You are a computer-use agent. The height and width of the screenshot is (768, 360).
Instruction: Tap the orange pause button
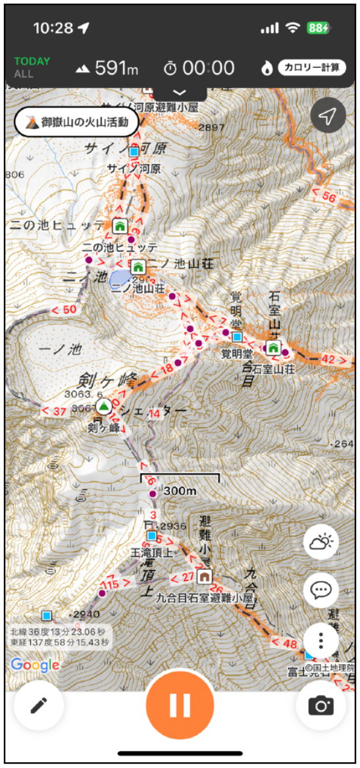180,705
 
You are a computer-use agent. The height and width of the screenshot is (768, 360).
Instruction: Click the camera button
321,706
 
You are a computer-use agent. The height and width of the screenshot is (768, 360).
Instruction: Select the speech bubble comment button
321,590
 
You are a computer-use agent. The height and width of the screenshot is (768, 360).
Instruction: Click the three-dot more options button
321,640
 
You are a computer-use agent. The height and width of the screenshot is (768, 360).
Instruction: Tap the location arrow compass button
327,116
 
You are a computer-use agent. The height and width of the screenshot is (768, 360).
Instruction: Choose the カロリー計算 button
311,67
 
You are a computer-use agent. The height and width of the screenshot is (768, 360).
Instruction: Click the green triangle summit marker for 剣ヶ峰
103,405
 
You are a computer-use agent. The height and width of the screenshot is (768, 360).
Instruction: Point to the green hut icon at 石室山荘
274,347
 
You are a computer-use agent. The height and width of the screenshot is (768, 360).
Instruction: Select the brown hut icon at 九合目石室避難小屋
205,576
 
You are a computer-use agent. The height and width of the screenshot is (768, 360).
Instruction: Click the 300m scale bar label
180,490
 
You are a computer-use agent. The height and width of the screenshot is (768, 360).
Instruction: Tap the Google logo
35,665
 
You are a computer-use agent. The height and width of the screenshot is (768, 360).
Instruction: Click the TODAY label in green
32,61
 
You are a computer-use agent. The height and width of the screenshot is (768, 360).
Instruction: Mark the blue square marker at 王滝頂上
152,536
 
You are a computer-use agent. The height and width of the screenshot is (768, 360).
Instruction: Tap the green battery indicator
318,28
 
